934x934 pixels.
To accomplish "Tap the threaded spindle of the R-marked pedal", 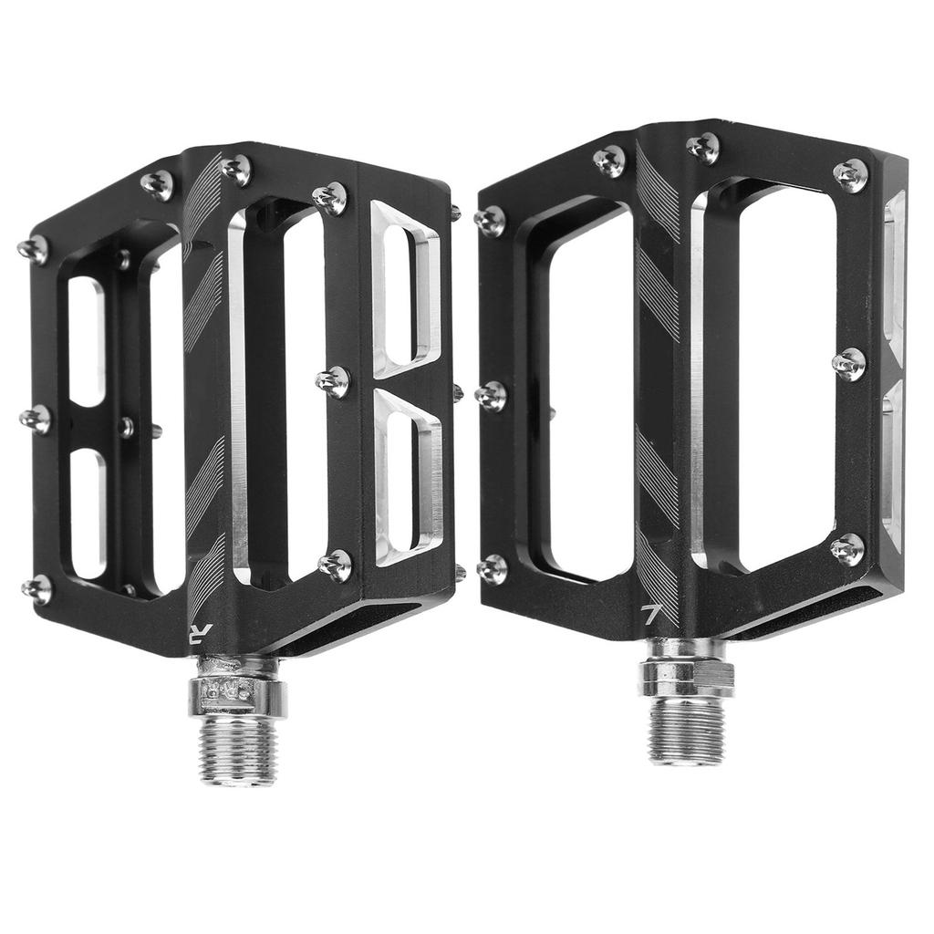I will [238, 748].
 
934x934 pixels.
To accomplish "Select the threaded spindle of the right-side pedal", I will [686, 730].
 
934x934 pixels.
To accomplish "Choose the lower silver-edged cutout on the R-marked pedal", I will [408, 475].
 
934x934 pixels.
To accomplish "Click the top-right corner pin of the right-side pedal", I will [851, 175].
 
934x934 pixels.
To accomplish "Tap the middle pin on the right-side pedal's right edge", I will [849, 364].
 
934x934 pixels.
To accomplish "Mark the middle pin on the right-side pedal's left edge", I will [492, 395].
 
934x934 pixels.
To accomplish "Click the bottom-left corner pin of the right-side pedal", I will [493, 568].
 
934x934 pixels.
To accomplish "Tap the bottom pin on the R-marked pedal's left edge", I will [38, 588].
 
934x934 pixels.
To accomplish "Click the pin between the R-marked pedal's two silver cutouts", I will [334, 381].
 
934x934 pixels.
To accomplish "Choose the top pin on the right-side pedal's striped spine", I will [703, 147].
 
